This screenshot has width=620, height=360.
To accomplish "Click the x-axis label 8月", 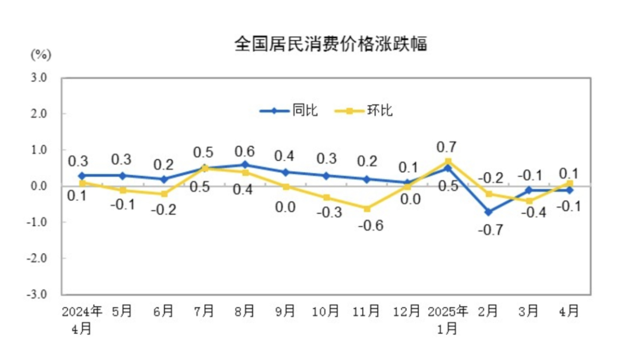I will click(x=245, y=311).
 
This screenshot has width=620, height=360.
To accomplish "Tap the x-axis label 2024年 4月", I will click(x=82, y=320).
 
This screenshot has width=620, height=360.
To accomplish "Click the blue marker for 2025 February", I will click(x=488, y=212).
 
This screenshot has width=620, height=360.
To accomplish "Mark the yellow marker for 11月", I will click(x=366, y=208).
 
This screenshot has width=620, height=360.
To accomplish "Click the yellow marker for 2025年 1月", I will click(x=448, y=161).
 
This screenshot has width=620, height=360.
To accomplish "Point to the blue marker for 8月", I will click(x=245, y=165).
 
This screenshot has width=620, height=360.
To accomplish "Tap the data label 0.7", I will click(x=447, y=148).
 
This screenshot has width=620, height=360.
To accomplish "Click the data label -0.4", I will click(x=529, y=213).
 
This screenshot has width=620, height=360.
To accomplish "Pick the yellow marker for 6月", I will click(x=164, y=193).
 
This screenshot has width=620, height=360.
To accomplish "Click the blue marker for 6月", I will click(x=164, y=179).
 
